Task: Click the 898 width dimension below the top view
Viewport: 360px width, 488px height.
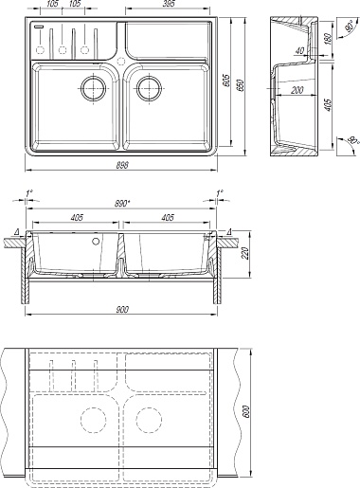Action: [x=121, y=165]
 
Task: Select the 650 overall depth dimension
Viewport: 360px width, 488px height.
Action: [x=242, y=83]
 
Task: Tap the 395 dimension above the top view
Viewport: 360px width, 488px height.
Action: [x=169, y=4]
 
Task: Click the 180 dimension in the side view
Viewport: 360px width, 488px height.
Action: [x=328, y=39]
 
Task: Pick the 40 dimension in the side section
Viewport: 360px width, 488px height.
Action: [x=300, y=50]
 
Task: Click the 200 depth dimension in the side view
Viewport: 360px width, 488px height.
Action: [x=297, y=90]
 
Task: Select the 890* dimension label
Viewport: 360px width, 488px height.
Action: [x=122, y=204]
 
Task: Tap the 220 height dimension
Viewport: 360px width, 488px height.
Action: [x=246, y=253]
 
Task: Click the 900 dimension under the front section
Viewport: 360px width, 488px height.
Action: [x=121, y=310]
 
